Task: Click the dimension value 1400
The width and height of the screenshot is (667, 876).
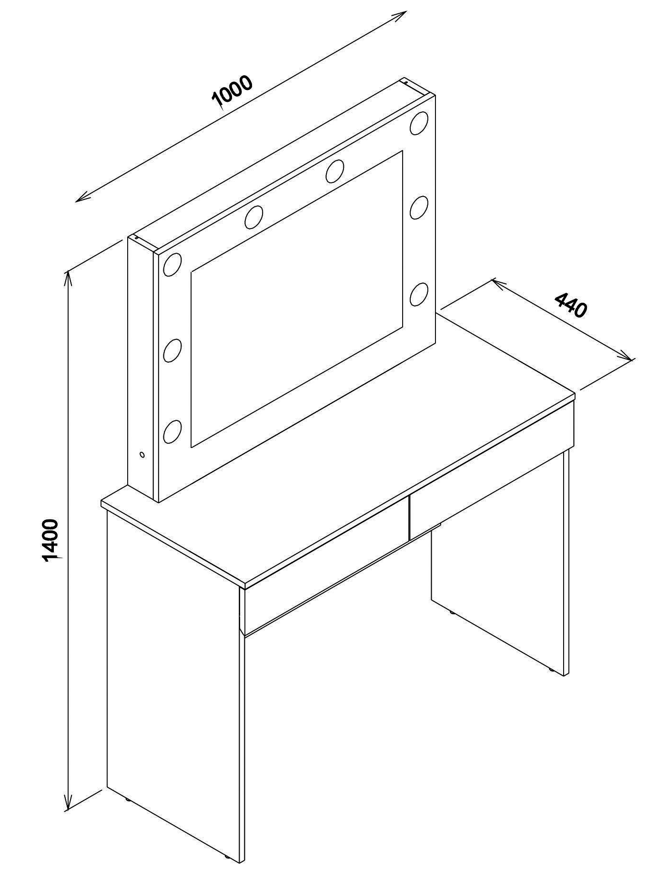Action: [x=51, y=541]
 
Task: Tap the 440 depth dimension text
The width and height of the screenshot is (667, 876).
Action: [x=571, y=305]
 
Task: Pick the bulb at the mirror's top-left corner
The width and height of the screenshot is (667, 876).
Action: [x=172, y=265]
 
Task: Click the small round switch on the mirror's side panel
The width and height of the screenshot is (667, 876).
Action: [x=142, y=455]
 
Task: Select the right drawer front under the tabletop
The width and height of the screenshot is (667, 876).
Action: [x=492, y=471]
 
